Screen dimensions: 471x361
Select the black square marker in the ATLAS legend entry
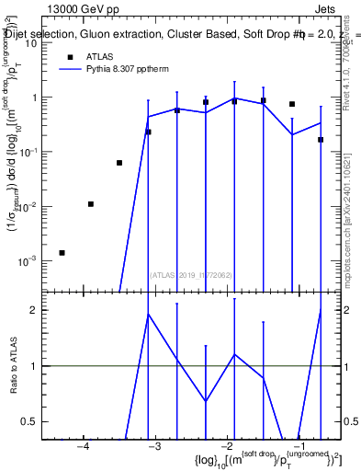(70, 56)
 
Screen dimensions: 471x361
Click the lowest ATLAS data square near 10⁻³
(62, 252)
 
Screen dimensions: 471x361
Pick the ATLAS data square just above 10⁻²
(90, 204)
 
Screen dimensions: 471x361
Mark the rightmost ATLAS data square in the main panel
(321, 140)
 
